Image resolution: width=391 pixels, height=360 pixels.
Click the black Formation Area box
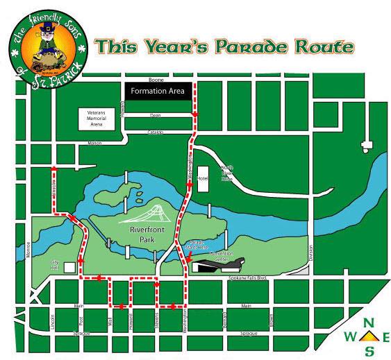tap(157, 90)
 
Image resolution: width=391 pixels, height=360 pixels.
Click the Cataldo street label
tap(155, 132)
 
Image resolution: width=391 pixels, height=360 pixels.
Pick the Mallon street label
tap(94, 144)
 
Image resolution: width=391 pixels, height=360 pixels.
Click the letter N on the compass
tap(369, 322)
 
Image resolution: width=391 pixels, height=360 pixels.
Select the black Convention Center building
tap(218, 265)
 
